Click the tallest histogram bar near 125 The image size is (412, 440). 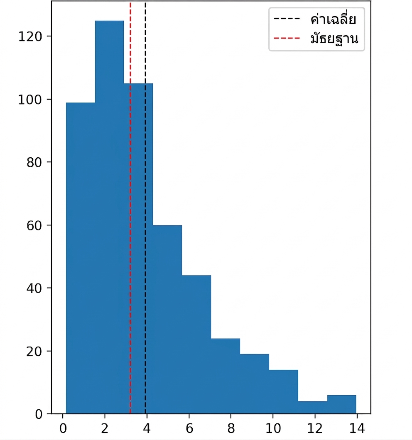[x=110, y=217]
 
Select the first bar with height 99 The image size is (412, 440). [x=81, y=258]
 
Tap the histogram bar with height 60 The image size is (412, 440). [x=167, y=320]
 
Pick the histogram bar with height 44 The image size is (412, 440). [x=196, y=345]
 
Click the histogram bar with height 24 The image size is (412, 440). [x=226, y=376]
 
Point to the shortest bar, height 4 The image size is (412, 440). [x=313, y=408]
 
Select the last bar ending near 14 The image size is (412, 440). [x=341, y=405]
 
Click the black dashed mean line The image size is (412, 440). [x=145, y=208]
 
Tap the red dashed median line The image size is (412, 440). [x=130, y=208]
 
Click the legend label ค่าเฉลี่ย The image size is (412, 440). [x=334, y=19]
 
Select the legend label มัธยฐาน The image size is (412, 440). [x=334, y=39]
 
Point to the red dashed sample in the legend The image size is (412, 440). [x=287, y=38]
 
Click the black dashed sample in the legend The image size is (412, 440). [x=287, y=19]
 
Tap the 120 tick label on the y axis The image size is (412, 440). [x=30, y=37]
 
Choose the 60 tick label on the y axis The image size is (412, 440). [x=34, y=226]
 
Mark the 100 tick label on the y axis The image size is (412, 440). [x=30, y=100]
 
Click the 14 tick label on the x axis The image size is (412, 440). [x=357, y=428]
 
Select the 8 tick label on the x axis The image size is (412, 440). [x=231, y=428]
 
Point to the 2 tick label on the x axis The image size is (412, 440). [x=105, y=428]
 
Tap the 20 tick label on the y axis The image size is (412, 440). [x=34, y=352]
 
